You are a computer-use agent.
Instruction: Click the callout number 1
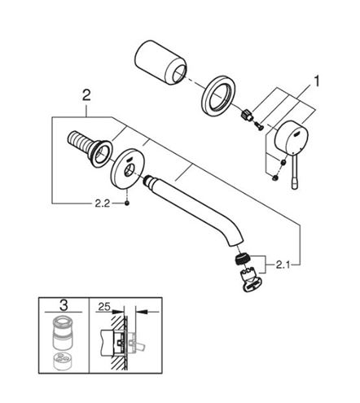click(x=316, y=81)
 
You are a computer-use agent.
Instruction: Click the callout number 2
click(x=86, y=95)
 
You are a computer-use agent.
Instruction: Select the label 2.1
click(x=283, y=265)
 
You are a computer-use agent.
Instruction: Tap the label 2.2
click(x=103, y=204)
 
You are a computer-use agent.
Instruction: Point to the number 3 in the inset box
click(x=64, y=305)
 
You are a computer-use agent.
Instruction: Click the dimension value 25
click(x=104, y=307)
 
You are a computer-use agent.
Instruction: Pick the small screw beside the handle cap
click(x=259, y=125)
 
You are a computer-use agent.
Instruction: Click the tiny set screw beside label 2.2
click(x=126, y=204)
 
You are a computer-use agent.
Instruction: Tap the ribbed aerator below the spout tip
click(x=243, y=259)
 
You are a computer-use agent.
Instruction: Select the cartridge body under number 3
click(x=64, y=333)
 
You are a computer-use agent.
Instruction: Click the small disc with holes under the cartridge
click(x=63, y=361)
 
